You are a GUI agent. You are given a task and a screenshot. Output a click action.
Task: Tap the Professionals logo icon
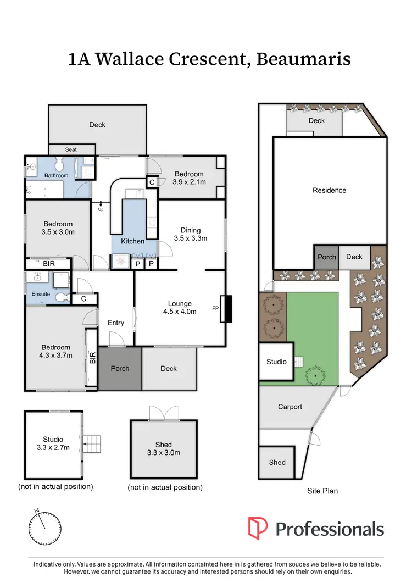pos(258,529)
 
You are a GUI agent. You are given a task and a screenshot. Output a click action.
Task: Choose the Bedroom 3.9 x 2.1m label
pos(189,178)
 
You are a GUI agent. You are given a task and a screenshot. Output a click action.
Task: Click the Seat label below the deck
pos(71,149)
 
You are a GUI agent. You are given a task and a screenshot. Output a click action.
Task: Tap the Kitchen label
pos(133,241)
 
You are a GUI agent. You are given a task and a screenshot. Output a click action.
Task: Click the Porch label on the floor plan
pos(120,368)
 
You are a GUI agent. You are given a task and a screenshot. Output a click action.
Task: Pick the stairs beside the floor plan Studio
pos(92,442)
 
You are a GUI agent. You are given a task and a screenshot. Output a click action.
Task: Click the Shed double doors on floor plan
pos(164,412)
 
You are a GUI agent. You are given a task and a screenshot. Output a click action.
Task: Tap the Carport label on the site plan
pos(289,407)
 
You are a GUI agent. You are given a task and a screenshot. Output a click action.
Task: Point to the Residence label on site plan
pos(329,190)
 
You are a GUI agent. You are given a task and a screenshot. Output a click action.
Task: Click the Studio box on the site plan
pos(276,362)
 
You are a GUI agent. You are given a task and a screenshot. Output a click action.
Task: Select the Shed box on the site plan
pos(277,463)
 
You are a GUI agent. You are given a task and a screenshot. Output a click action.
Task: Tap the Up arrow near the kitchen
pos(101,207)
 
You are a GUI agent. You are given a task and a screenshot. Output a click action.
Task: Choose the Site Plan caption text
pos(322,491)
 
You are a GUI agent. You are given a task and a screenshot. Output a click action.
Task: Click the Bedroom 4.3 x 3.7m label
pos(55,351)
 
